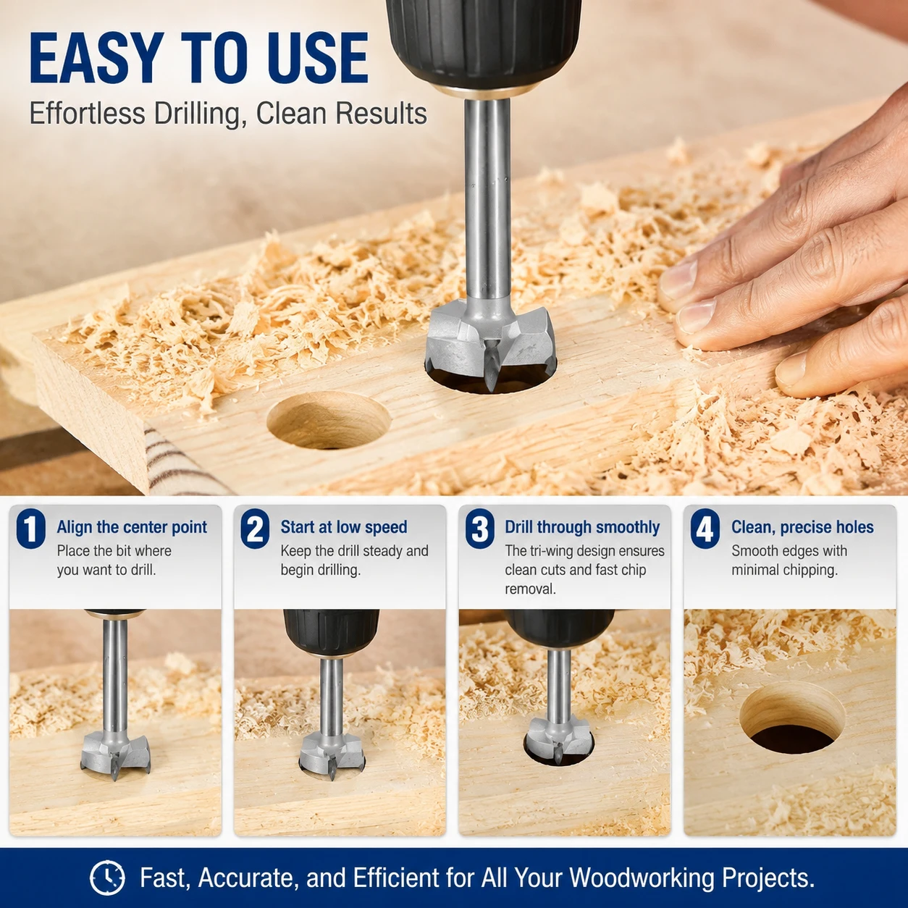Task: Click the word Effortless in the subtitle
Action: pos(88,114)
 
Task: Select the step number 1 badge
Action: pos(30,529)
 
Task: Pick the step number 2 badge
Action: pos(255,529)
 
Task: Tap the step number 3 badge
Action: pos(479,529)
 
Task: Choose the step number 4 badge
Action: pos(705,529)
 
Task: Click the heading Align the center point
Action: pos(132,527)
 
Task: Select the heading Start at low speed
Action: pos(344,527)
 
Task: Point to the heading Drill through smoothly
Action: pos(582,527)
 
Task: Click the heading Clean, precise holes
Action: pos(802,527)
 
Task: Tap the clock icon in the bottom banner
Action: pos(107,878)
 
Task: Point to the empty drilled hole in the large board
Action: pos(329,420)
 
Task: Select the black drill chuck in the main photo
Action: pos(484,45)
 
